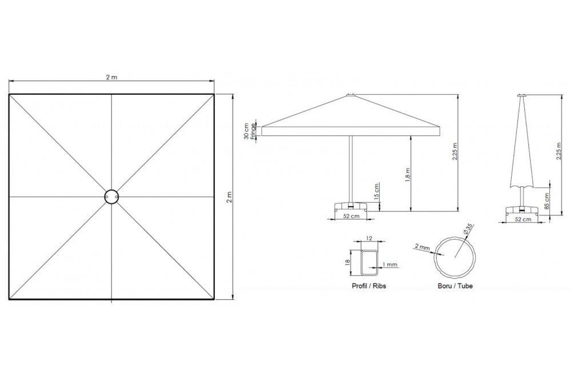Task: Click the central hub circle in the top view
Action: click(111, 190)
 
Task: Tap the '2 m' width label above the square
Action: click(111, 77)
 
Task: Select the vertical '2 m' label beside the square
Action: click(229, 197)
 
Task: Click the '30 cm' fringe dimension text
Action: click(247, 131)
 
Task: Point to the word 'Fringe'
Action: click(253, 131)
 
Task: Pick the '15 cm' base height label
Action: click(377, 191)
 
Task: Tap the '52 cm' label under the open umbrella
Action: click(351, 216)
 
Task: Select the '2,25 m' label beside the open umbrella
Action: click(455, 151)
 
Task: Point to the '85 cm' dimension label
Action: click(548, 200)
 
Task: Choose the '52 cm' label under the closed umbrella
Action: click(523, 219)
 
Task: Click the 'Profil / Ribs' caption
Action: click(369, 286)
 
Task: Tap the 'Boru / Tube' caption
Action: click(455, 286)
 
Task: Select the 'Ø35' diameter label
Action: click(468, 229)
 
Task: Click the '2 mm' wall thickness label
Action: click(422, 247)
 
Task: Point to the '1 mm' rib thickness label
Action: click(390, 264)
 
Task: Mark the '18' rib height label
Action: click(348, 261)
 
